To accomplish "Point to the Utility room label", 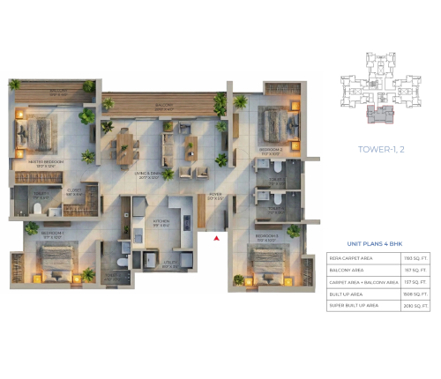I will click(175, 263).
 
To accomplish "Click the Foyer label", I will click(214, 196).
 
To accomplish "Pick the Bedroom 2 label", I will click(270, 151).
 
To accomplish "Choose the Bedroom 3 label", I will click(268, 237).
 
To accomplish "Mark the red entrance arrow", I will click(216, 236).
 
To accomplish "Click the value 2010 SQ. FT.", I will click(417, 305).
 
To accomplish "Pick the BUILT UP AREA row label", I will click(347, 293).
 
